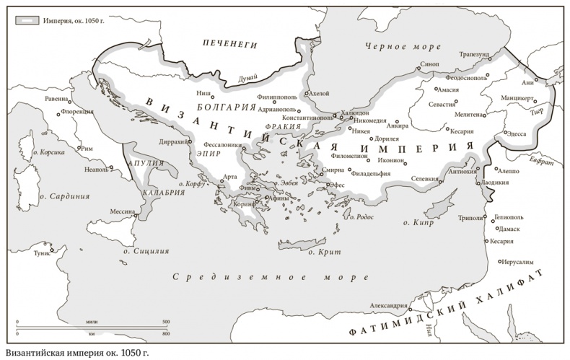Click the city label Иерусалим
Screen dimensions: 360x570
pyautogui.click(x=514, y=263)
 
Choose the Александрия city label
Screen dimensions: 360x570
pyautogui.click(x=390, y=306)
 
